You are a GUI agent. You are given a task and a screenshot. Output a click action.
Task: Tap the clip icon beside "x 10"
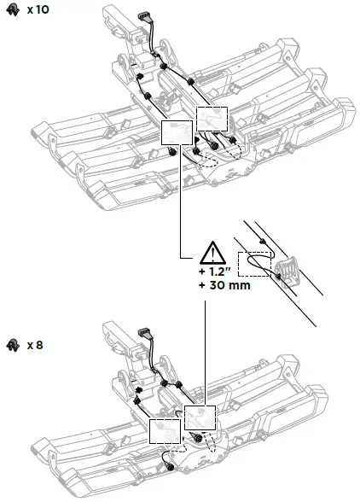coord(12,11)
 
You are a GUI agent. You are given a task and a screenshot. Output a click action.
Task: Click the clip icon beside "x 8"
coord(12,345)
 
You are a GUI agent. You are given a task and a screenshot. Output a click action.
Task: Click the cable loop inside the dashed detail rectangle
coord(256,264)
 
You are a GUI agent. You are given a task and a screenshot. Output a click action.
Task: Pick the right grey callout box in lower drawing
coord(200,417)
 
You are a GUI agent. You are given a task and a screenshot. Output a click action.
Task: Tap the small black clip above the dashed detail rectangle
coord(266,243)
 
